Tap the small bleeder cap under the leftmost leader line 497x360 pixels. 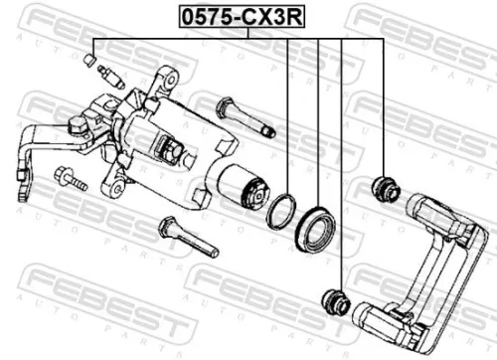click(91, 64)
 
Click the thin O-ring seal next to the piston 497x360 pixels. click(282, 209)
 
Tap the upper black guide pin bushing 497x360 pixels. click(383, 186)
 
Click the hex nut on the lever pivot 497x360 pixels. click(76, 126)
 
